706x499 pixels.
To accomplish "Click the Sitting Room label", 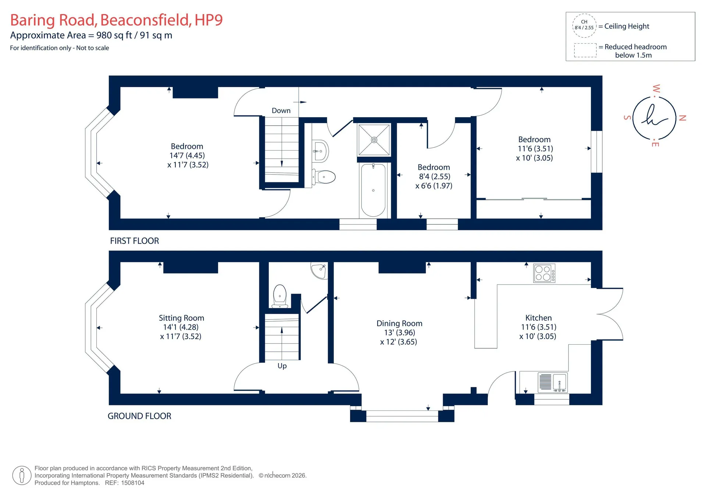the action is point(181,318).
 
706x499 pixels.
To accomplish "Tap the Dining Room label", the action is point(399,323).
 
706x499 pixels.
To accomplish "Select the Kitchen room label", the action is point(538,318).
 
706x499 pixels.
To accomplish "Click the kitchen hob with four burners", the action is point(544,273).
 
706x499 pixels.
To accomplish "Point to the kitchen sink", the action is point(553,382).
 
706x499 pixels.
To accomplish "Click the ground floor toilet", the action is point(280,296).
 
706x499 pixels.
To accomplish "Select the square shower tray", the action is point(374,140).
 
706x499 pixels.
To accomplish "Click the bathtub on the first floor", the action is point(373,190).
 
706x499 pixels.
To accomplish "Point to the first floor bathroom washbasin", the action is point(320,151).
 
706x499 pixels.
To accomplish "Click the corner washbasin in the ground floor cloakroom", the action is point(319,270).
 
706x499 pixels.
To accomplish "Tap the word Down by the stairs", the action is point(281,111).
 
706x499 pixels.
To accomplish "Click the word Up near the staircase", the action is point(282,366).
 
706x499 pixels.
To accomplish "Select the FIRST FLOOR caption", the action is point(135,241).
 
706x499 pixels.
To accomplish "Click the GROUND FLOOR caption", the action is point(139,416).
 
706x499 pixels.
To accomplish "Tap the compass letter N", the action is point(682,118).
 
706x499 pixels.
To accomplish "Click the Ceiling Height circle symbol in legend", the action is point(584,25).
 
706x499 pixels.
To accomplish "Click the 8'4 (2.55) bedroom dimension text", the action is point(435,177).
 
